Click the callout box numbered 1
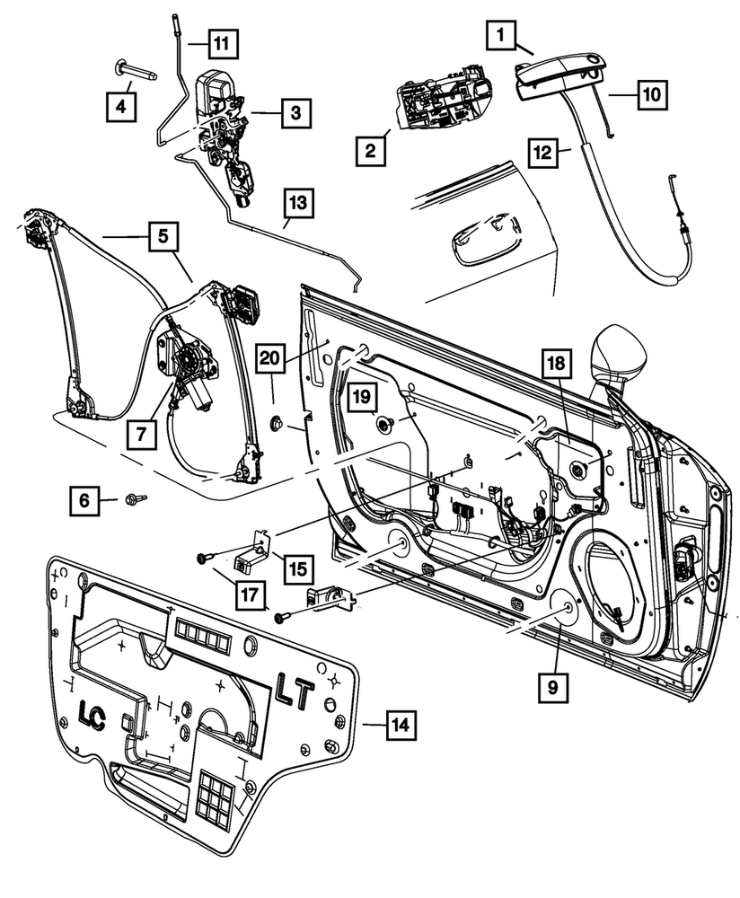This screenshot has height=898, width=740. tap(502, 36)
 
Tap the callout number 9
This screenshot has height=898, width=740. tap(553, 689)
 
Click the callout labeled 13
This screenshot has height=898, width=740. tap(299, 203)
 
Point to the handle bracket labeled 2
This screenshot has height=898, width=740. tap(442, 101)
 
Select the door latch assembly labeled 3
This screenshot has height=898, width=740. tap(220, 130)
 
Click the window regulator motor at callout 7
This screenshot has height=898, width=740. tap(187, 368)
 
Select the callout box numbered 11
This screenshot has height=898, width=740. tap(220, 41)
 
